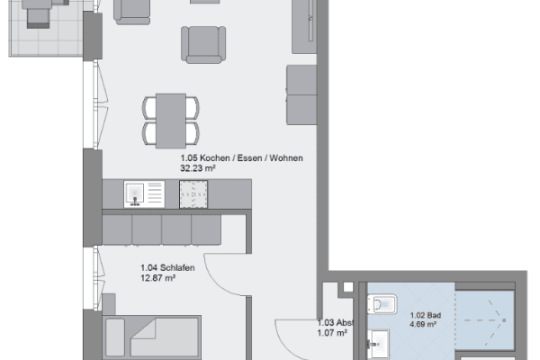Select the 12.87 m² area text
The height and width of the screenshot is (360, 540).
(x=157, y=278)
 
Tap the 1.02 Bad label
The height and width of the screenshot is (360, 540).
(x=423, y=315)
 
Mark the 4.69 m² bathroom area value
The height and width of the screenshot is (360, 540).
(x=423, y=325)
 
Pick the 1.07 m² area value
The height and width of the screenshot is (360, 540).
(x=331, y=333)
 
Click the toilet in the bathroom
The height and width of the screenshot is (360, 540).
(x=384, y=306)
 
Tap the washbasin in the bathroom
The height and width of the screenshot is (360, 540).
(x=379, y=341)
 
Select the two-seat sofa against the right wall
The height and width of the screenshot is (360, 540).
(x=300, y=94)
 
